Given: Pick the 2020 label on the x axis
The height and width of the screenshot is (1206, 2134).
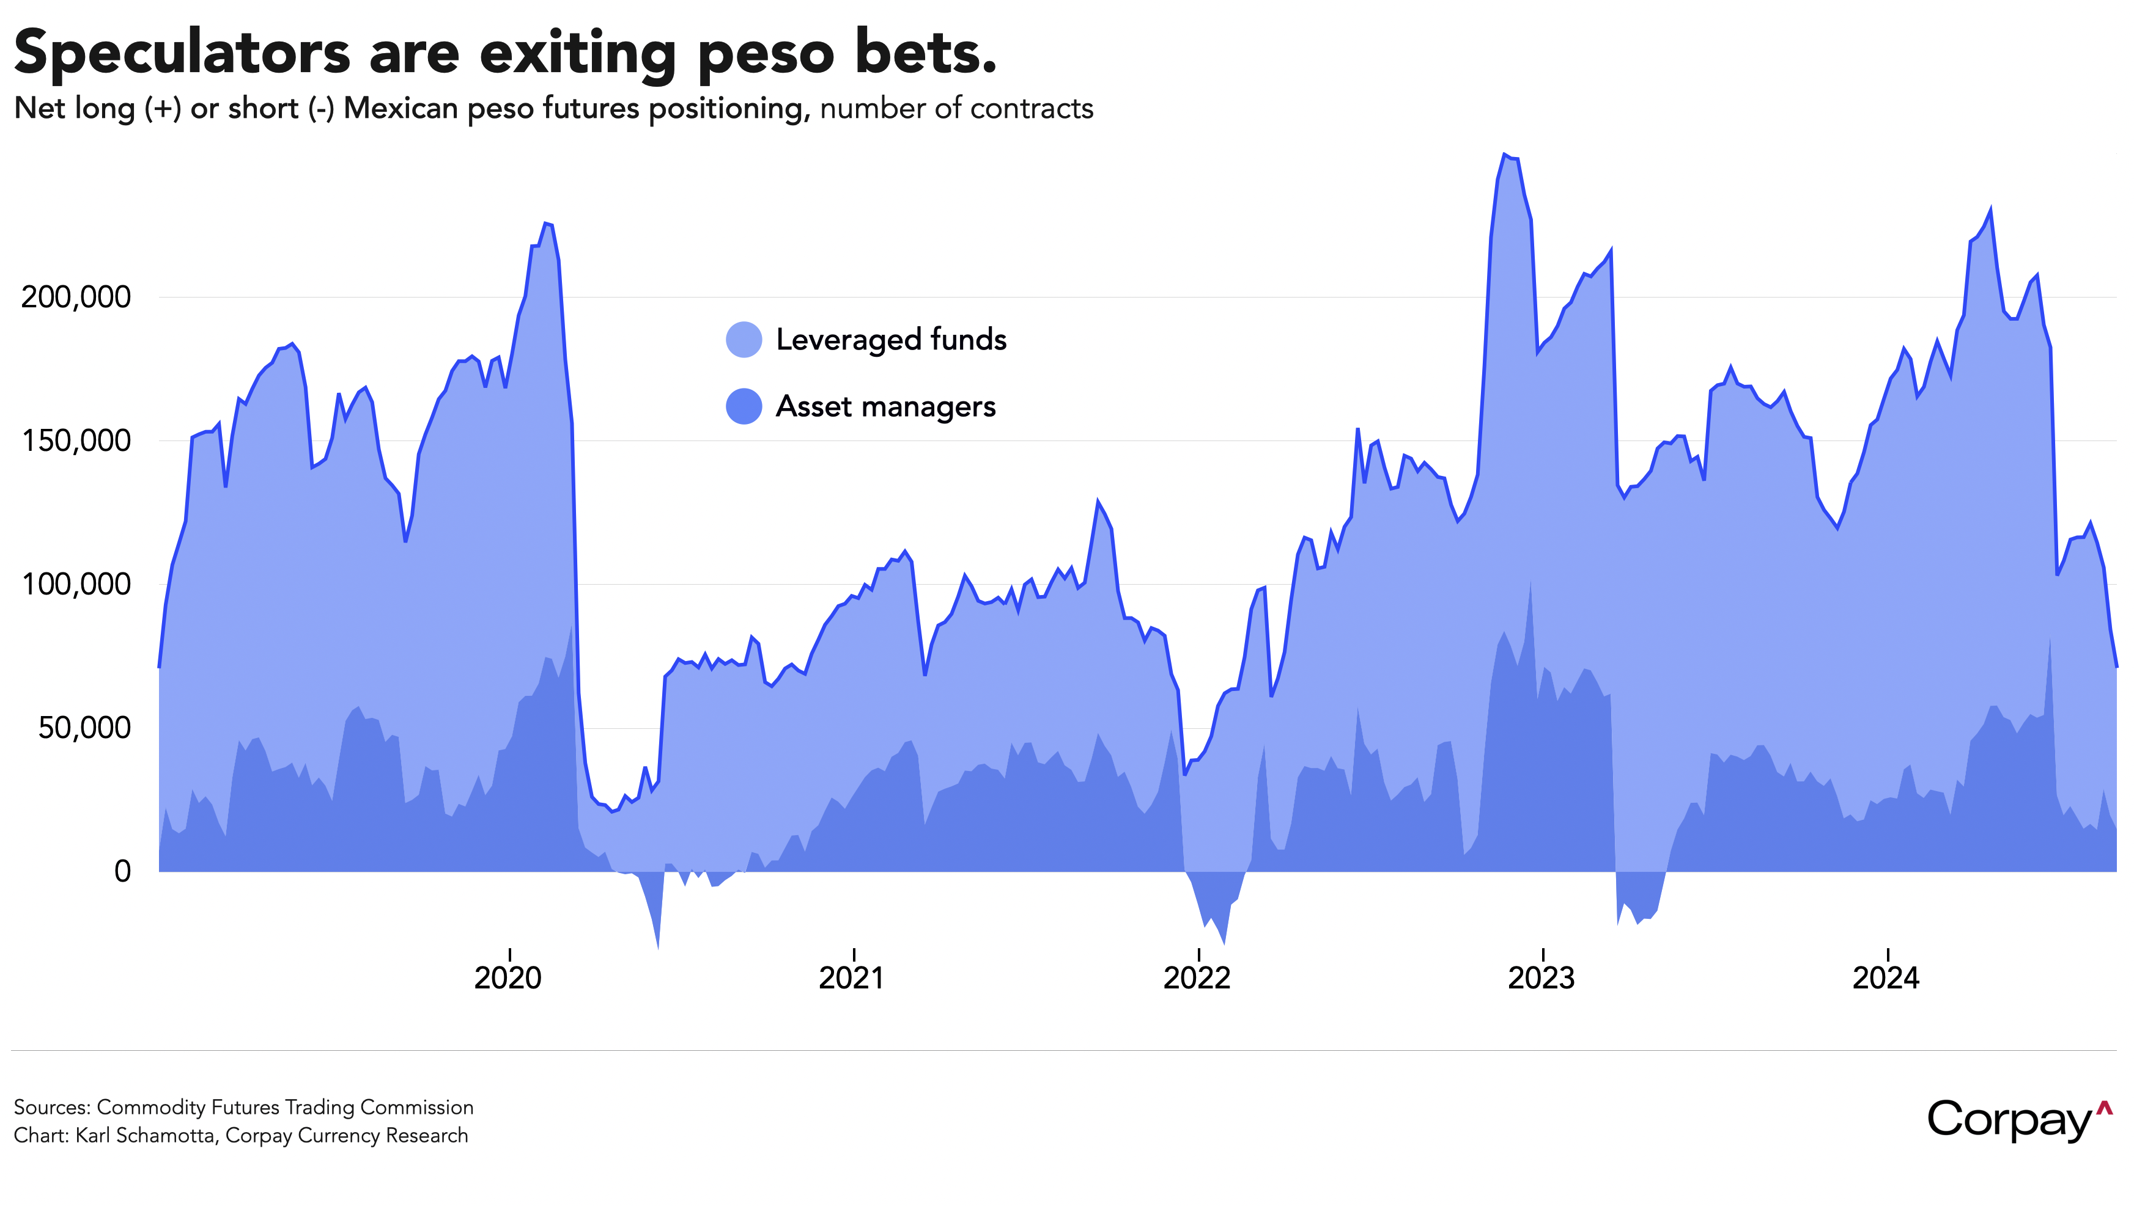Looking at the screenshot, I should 508,978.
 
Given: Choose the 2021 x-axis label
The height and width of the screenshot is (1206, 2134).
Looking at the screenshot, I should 852,978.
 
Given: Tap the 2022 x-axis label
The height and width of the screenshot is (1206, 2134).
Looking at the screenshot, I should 1197,978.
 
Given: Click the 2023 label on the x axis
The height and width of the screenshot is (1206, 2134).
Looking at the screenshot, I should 1541,978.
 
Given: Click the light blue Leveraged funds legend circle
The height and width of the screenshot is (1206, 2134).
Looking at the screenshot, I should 744,340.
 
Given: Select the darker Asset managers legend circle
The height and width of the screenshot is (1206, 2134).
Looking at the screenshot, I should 744,407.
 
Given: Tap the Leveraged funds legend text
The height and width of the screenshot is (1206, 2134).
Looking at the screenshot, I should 891,340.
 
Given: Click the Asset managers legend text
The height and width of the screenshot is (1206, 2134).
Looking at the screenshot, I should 885,407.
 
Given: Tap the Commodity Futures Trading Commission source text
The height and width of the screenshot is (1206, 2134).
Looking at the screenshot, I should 285,1108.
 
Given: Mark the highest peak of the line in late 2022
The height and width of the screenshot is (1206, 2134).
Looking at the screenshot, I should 1504,154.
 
